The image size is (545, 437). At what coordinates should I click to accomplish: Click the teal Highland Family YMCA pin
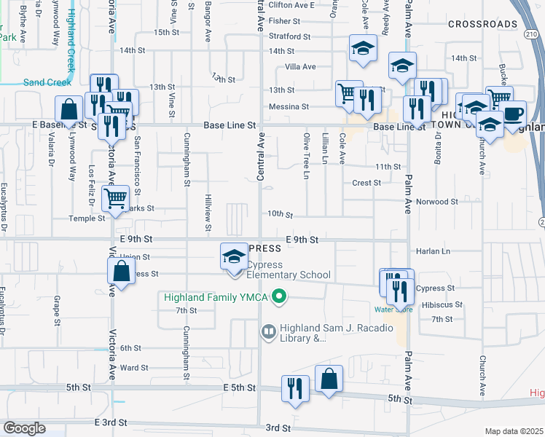pyautogui.click(x=278, y=296)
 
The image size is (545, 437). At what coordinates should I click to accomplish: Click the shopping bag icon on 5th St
pyautogui.click(x=329, y=379)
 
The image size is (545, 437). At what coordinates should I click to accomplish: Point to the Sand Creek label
pyautogui.click(x=47, y=82)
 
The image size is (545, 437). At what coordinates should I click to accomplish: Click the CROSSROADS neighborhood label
pyautogui.click(x=482, y=24)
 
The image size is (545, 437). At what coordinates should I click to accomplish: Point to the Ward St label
pyautogui.click(x=134, y=368)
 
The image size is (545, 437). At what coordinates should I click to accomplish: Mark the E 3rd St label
pyautogui.click(x=111, y=422)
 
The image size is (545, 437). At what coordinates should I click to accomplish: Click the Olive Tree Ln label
pyautogui.click(x=306, y=157)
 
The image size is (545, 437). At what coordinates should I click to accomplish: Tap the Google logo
pyautogui.click(x=24, y=428)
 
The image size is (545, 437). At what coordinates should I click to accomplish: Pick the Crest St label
pyautogui.click(x=366, y=183)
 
